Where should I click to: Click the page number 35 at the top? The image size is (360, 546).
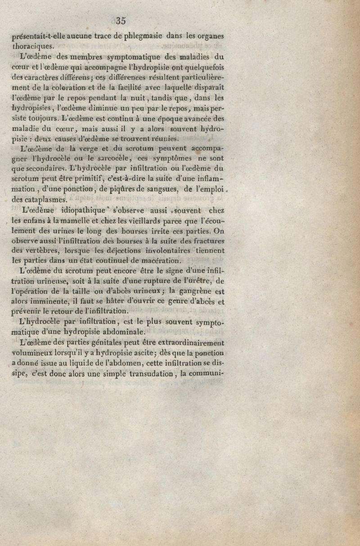point(121,20)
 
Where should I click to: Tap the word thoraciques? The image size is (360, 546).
point(33,46)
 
